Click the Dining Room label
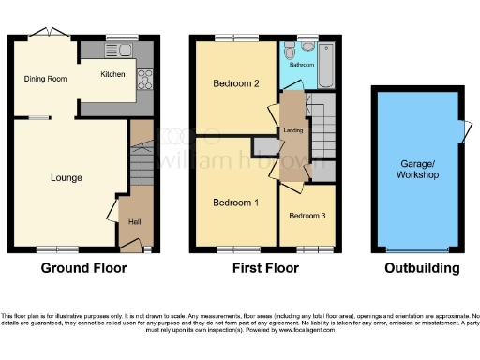[45, 80]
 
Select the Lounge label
[67, 178]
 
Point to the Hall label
[135, 222]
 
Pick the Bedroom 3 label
[307, 217]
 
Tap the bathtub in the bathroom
[321, 65]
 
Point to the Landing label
[293, 130]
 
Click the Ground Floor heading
[83, 268]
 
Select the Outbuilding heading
[422, 268]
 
